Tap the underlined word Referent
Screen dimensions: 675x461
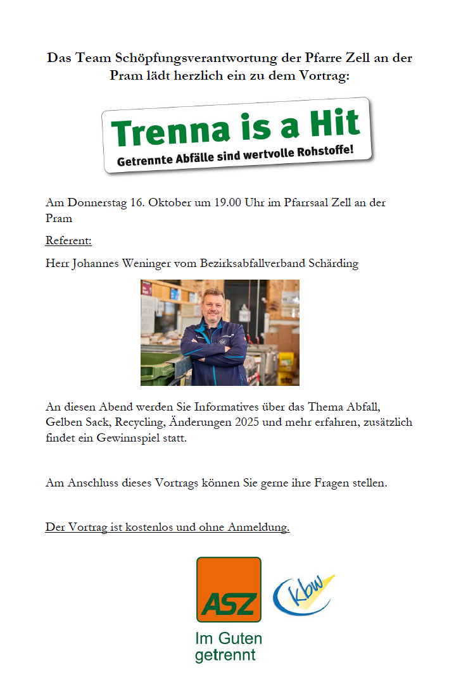tap(68, 241)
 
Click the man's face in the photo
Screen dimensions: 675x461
tap(214, 306)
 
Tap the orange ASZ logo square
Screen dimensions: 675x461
tap(229, 590)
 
